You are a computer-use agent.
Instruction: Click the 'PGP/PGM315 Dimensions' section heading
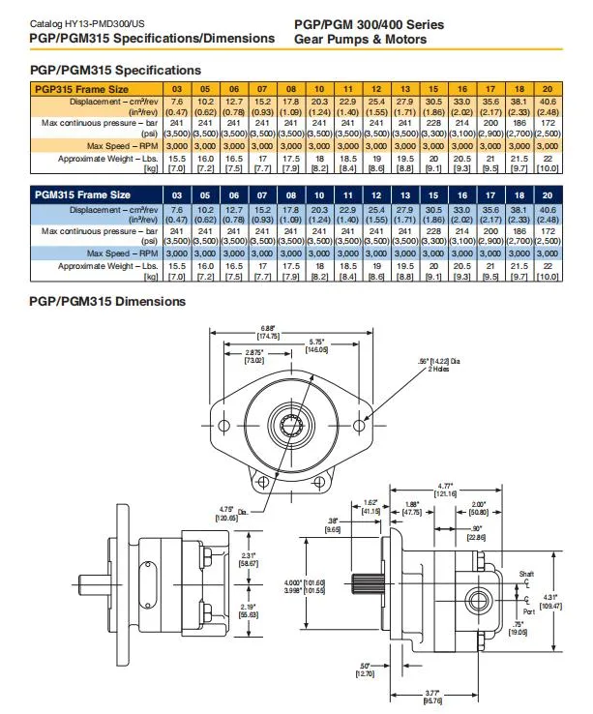tap(107, 301)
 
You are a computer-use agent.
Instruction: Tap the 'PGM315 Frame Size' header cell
tap(82, 194)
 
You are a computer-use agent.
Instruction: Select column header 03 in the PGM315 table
tap(177, 194)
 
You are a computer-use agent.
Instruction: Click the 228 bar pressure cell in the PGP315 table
tap(435, 123)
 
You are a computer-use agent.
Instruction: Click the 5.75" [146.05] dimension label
tap(317, 343)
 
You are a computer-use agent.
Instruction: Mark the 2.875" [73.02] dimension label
tap(254, 354)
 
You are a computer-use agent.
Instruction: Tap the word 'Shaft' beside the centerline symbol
tap(526, 573)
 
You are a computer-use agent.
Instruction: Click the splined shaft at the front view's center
tap(290, 423)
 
